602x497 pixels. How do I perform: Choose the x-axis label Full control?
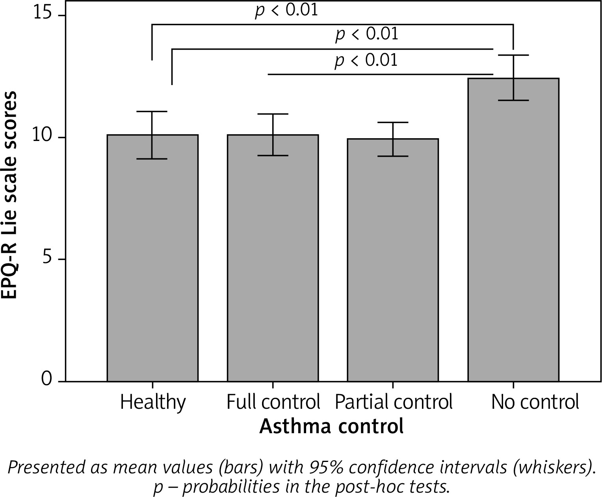click(x=273, y=402)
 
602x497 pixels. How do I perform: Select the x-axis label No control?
click(x=535, y=402)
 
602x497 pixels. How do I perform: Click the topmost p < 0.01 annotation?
click(x=286, y=10)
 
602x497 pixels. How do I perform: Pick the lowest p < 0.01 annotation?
click(x=366, y=61)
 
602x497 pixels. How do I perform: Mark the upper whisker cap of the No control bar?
click(x=513, y=55)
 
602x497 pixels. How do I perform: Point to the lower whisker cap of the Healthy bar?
click(x=152, y=159)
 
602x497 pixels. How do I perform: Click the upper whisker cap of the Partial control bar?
click(x=393, y=122)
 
